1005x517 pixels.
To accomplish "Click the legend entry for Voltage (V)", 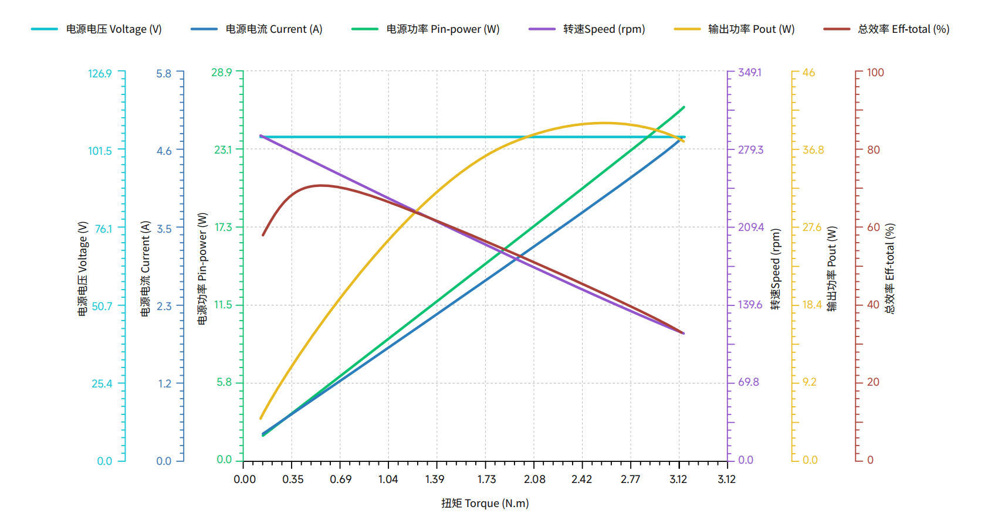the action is pyautogui.click(x=96, y=29).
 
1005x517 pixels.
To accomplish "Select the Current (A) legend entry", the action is pyautogui.click(x=256, y=29).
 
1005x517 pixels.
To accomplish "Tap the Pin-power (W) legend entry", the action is pyautogui.click(x=426, y=29).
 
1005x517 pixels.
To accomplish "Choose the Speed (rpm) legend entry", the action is pyautogui.click(x=587, y=29).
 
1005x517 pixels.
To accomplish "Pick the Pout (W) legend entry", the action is pyautogui.click(x=735, y=29).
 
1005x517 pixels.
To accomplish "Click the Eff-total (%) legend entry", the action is pyautogui.click(x=886, y=29).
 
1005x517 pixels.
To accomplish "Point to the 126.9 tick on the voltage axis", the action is pyautogui.click(x=100, y=73).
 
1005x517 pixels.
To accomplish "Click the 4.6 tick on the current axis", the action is pyautogui.click(x=164, y=151).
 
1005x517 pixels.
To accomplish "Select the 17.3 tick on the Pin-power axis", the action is pyautogui.click(x=223, y=227).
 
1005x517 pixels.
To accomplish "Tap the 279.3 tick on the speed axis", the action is pyautogui.click(x=750, y=149).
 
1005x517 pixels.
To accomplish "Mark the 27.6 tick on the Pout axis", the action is pyautogui.click(x=812, y=227).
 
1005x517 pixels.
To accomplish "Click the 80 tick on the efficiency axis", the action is pyautogui.click(x=874, y=149).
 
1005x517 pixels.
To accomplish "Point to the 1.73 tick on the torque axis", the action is pyautogui.click(x=486, y=479).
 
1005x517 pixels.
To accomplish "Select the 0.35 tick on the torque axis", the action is pyautogui.click(x=293, y=479).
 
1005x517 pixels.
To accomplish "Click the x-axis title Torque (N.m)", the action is pyautogui.click(x=485, y=503).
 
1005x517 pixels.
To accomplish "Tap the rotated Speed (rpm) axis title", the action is pyautogui.click(x=776, y=269).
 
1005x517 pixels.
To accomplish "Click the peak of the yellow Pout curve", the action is pyautogui.click(x=604, y=123).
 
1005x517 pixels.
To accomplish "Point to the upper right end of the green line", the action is pyautogui.click(x=683, y=107).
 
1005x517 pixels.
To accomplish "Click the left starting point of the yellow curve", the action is pyautogui.click(x=260, y=419).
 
